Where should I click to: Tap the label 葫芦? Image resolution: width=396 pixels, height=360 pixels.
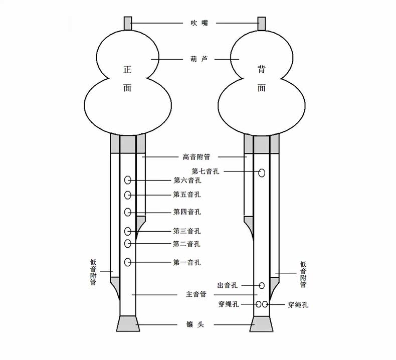tap(195, 59)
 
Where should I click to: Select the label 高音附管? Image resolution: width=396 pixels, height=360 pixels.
tap(196, 157)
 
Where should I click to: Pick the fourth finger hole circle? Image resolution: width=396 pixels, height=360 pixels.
tap(128, 212)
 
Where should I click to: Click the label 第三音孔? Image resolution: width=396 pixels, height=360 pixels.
tap(187, 231)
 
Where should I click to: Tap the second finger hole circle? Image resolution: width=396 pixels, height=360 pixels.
tap(128, 244)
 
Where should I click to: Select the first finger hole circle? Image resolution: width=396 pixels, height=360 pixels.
tap(128, 262)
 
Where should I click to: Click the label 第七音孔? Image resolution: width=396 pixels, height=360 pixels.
tap(206, 171)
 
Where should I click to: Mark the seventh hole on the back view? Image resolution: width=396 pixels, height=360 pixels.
tap(262, 173)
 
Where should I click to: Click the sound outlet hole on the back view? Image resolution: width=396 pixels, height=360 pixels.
tap(262, 285)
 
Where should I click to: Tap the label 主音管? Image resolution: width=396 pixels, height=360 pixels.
tap(196, 295)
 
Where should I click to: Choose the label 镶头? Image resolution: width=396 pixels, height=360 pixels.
tap(195, 325)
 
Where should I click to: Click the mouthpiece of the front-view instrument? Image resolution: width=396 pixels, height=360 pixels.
tap(128, 23)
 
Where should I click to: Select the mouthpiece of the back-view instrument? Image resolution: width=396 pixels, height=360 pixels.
tap(262, 23)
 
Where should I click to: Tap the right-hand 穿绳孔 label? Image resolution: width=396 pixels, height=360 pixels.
tap(298, 304)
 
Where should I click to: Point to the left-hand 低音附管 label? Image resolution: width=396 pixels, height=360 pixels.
tap(93, 272)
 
